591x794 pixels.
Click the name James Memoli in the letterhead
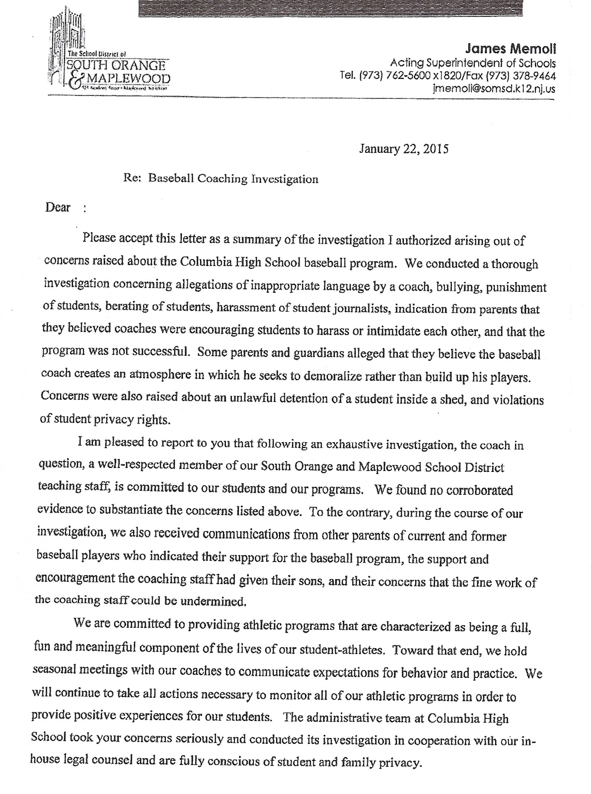click(x=511, y=50)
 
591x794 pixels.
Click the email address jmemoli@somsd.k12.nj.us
click(x=494, y=89)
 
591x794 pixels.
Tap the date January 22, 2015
click(x=403, y=149)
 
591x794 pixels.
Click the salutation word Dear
click(x=58, y=207)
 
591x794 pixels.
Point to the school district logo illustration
click(x=67, y=40)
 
